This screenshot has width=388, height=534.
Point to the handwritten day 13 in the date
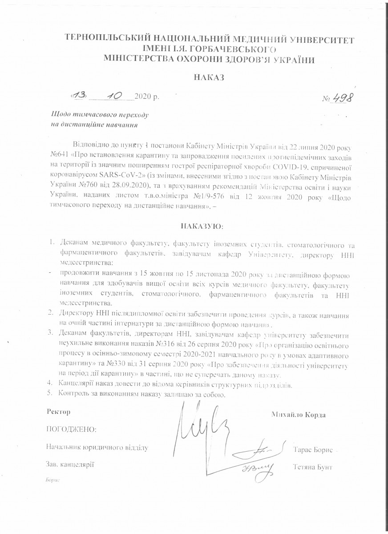[80, 96]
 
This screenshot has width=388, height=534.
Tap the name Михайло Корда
[298, 414]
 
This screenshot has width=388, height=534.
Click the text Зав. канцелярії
[70, 464]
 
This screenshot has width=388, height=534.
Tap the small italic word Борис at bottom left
[52, 481]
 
